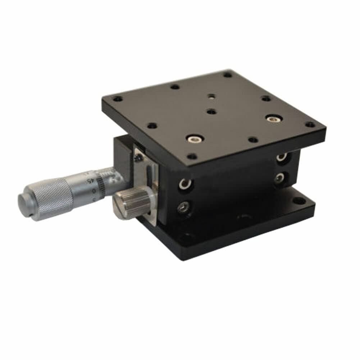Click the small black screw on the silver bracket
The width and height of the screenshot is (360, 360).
tap(137, 157)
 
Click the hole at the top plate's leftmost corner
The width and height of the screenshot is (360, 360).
tap(116, 98)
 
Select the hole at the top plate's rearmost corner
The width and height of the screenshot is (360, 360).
tap(227, 75)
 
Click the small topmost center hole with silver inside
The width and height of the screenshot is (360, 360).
tap(211, 96)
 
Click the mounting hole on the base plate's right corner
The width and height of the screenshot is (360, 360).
tap(298, 201)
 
